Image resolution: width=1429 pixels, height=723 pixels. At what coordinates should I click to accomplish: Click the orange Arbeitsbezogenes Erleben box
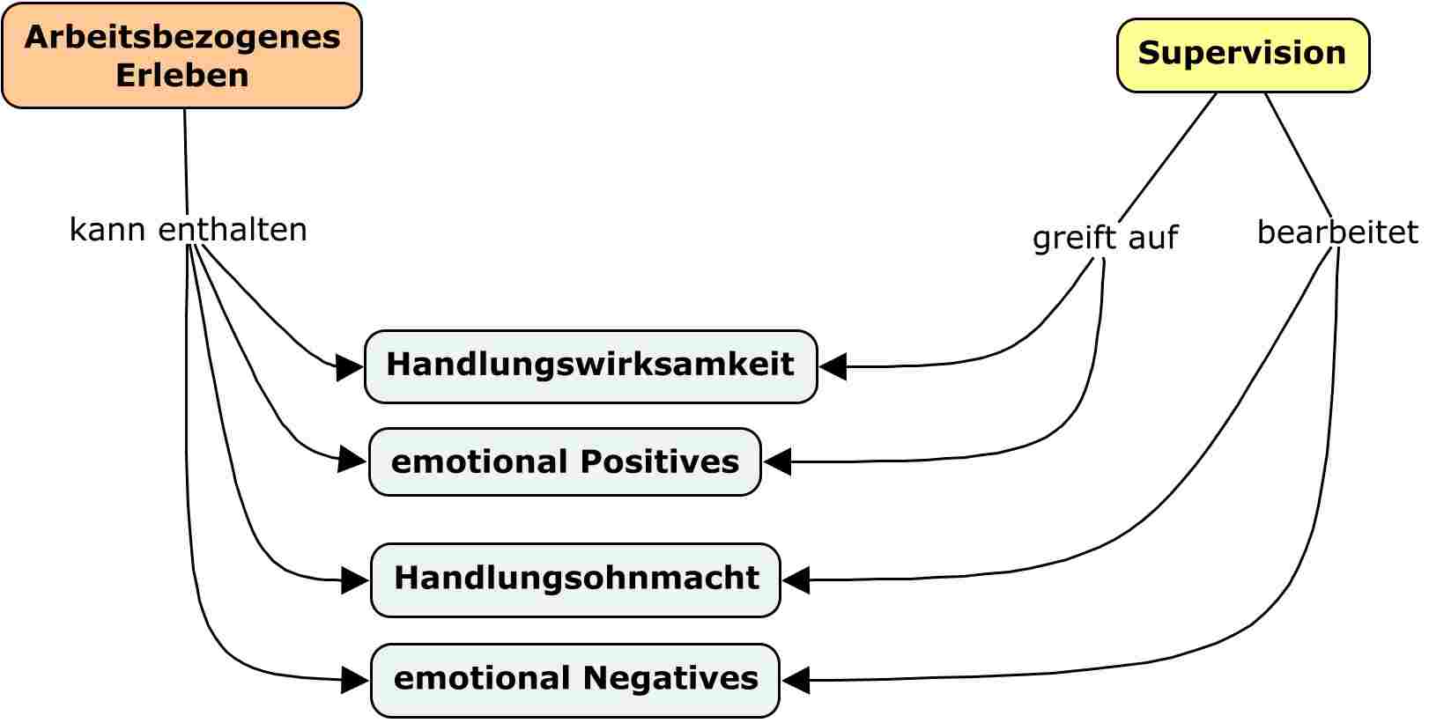[181, 55]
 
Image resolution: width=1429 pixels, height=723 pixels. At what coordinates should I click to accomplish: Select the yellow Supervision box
[1242, 55]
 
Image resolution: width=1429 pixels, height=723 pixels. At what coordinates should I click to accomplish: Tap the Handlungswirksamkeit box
[590, 366]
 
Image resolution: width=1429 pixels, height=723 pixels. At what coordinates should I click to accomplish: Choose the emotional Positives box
[564, 462]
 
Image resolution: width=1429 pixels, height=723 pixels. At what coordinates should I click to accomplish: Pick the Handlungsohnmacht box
[575, 579]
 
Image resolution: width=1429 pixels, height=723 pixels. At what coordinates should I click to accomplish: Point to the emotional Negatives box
[575, 680]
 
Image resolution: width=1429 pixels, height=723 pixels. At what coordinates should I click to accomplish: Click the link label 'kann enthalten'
[188, 230]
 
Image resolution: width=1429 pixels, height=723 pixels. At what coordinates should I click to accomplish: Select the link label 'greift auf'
[1104, 238]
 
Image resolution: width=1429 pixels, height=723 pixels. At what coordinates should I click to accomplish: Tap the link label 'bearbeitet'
[1336, 232]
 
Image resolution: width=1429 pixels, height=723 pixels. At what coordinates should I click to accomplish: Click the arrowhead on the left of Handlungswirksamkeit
[351, 366]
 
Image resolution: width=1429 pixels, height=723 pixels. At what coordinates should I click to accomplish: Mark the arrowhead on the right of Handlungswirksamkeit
[833, 366]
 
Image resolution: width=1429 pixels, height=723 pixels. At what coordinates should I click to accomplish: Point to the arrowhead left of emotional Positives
[353, 460]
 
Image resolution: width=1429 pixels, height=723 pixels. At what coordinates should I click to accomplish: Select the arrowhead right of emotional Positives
[777, 461]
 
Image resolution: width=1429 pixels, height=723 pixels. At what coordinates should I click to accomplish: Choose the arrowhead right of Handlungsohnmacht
[796, 580]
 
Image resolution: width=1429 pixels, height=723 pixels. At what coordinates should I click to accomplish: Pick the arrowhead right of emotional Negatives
[796, 680]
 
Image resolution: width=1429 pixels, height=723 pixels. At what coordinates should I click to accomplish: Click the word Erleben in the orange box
[181, 76]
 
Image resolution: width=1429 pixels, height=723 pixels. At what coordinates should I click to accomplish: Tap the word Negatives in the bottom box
[670, 679]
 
